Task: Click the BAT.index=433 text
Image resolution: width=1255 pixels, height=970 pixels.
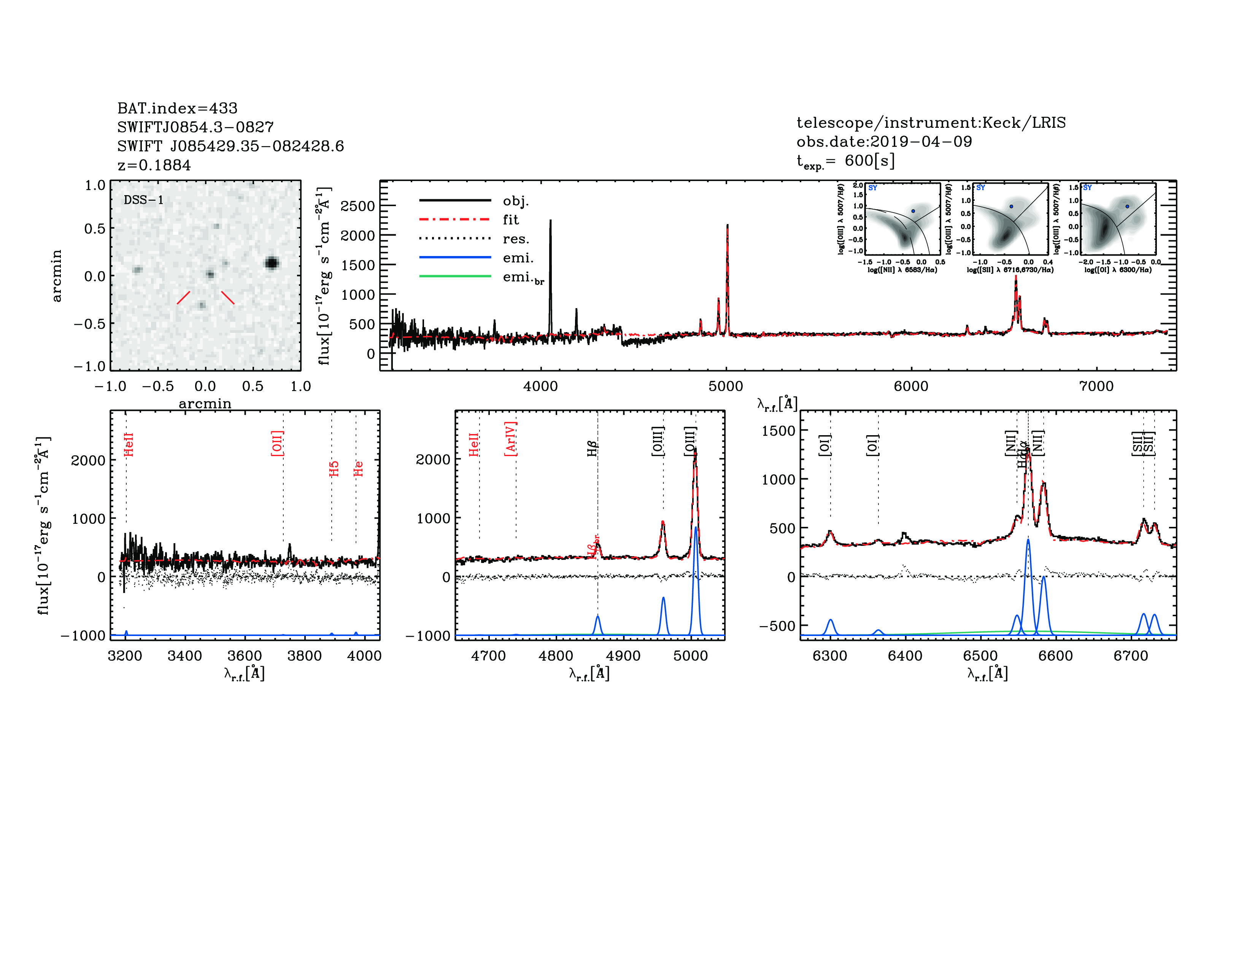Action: point(177,108)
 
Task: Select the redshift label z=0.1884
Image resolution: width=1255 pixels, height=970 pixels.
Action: point(154,165)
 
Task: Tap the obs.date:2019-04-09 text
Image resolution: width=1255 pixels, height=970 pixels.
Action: point(884,142)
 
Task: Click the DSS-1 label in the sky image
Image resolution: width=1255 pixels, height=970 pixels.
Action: point(144,200)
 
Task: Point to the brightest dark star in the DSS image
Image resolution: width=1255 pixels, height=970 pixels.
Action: point(272,263)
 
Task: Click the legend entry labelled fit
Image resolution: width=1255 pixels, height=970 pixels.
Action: point(510,219)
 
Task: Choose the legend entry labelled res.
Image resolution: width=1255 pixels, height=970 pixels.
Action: point(515,239)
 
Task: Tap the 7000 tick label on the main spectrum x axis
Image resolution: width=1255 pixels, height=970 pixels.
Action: point(1096,386)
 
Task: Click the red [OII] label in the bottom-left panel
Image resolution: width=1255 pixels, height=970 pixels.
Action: point(277,443)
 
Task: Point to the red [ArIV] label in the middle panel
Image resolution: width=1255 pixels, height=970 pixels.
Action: point(510,439)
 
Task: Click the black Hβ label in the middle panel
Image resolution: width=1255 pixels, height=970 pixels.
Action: point(593,448)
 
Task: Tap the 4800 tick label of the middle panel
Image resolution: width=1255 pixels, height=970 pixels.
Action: point(556,656)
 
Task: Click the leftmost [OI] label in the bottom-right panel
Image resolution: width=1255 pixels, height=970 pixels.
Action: point(824,445)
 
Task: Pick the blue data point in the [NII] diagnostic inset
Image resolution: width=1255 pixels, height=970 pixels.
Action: point(913,211)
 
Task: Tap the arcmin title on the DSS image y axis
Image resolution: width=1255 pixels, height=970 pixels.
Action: point(56,275)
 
